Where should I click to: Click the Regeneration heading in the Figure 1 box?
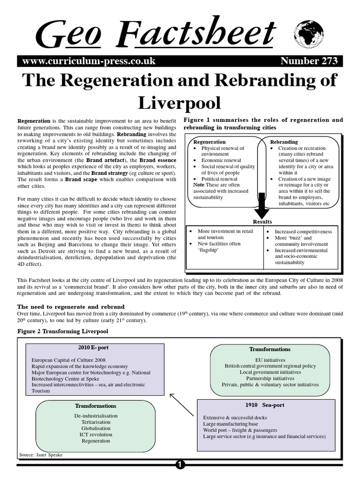[210, 142]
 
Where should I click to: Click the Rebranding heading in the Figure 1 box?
[284, 142]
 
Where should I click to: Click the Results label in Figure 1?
[262, 222]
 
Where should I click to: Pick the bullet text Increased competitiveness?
[303, 232]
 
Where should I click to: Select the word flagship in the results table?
[206, 250]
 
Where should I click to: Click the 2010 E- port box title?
[94, 347]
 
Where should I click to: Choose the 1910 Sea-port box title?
[264, 405]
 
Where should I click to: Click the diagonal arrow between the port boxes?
[181, 405]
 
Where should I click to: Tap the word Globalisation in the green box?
[95, 428]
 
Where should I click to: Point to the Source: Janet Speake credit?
[40, 455]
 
